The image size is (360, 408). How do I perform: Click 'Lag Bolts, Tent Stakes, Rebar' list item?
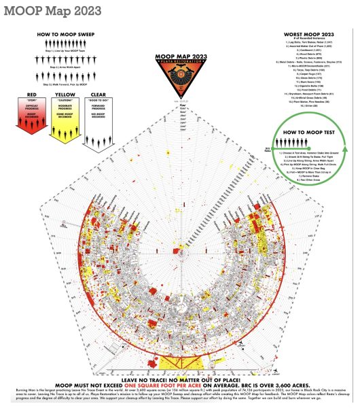click(x=306, y=43)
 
